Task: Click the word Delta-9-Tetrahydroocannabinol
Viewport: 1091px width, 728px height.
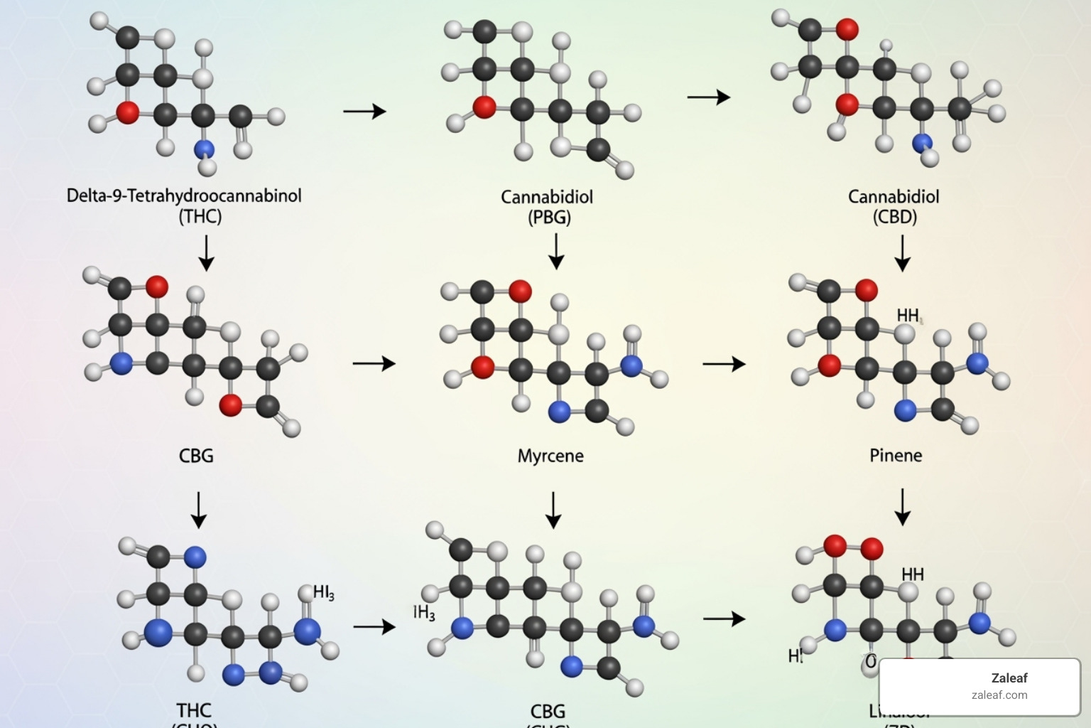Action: click(184, 196)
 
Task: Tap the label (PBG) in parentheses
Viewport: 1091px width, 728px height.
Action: click(549, 217)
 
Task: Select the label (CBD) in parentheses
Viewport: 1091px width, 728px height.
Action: click(894, 217)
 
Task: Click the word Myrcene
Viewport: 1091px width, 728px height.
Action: click(550, 456)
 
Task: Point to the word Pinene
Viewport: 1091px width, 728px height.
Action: click(896, 455)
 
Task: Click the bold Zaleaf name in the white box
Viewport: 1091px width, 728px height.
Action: click(1009, 678)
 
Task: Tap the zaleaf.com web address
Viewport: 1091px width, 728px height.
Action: click(999, 695)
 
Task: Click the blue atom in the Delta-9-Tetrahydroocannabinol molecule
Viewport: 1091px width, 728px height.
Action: click(204, 149)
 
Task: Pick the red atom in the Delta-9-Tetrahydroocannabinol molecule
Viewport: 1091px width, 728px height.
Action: click(128, 112)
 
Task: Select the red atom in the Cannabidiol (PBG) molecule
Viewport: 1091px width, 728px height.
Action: click(484, 107)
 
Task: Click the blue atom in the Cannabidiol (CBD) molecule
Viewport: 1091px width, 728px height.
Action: click(923, 143)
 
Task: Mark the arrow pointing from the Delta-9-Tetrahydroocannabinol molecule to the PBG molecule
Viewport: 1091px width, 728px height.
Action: click(364, 111)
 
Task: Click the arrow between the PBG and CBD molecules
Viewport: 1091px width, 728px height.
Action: click(708, 97)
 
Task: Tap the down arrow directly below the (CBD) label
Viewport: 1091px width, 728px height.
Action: click(902, 253)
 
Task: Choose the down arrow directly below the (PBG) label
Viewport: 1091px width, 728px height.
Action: click(557, 252)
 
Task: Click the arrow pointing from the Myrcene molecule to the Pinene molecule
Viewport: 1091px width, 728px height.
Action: click(724, 364)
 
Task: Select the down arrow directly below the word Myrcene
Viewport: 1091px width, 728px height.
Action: click(553, 510)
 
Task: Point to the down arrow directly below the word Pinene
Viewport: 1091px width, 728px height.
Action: click(902, 506)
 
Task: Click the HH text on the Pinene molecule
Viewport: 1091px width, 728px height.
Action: click(908, 315)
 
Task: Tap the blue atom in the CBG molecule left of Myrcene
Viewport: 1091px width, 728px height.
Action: click(121, 364)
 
